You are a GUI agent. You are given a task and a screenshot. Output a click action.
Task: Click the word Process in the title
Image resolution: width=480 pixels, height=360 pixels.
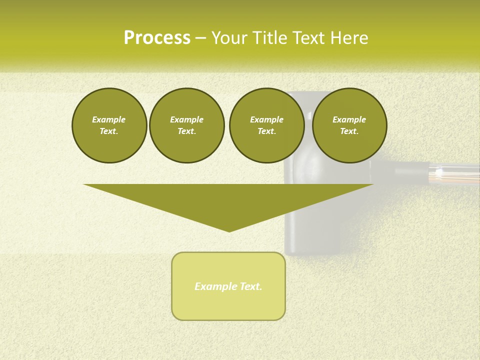157,38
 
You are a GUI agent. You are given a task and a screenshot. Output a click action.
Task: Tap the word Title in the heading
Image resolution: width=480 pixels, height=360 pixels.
268,38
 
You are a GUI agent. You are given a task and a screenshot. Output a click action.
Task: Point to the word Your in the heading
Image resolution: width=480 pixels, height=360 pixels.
230,38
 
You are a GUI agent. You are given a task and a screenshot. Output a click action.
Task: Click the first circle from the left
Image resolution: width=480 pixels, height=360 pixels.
109,125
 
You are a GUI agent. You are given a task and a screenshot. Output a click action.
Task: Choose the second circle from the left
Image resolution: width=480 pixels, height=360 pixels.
186,125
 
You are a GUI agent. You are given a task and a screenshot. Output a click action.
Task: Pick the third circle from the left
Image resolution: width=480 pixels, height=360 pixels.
266,125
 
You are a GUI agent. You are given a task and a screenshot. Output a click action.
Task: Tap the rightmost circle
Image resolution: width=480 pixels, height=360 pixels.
349,125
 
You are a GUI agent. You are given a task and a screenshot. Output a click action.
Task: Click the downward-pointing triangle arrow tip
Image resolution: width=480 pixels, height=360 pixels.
229,229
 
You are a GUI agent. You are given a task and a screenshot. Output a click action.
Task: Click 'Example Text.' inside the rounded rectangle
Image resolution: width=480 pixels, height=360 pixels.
228,286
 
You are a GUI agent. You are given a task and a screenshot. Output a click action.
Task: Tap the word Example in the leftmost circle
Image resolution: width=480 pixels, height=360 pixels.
109,119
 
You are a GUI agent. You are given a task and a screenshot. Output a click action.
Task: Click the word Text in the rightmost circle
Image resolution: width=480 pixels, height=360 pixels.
349,131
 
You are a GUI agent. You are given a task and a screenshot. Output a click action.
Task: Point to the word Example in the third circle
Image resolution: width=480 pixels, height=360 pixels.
266,119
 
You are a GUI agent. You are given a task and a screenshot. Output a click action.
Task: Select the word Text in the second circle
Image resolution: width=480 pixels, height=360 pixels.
186,131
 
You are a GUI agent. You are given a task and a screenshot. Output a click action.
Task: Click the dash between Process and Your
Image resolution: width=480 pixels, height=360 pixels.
200,38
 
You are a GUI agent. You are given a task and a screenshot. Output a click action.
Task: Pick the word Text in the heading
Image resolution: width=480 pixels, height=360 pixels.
307,38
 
